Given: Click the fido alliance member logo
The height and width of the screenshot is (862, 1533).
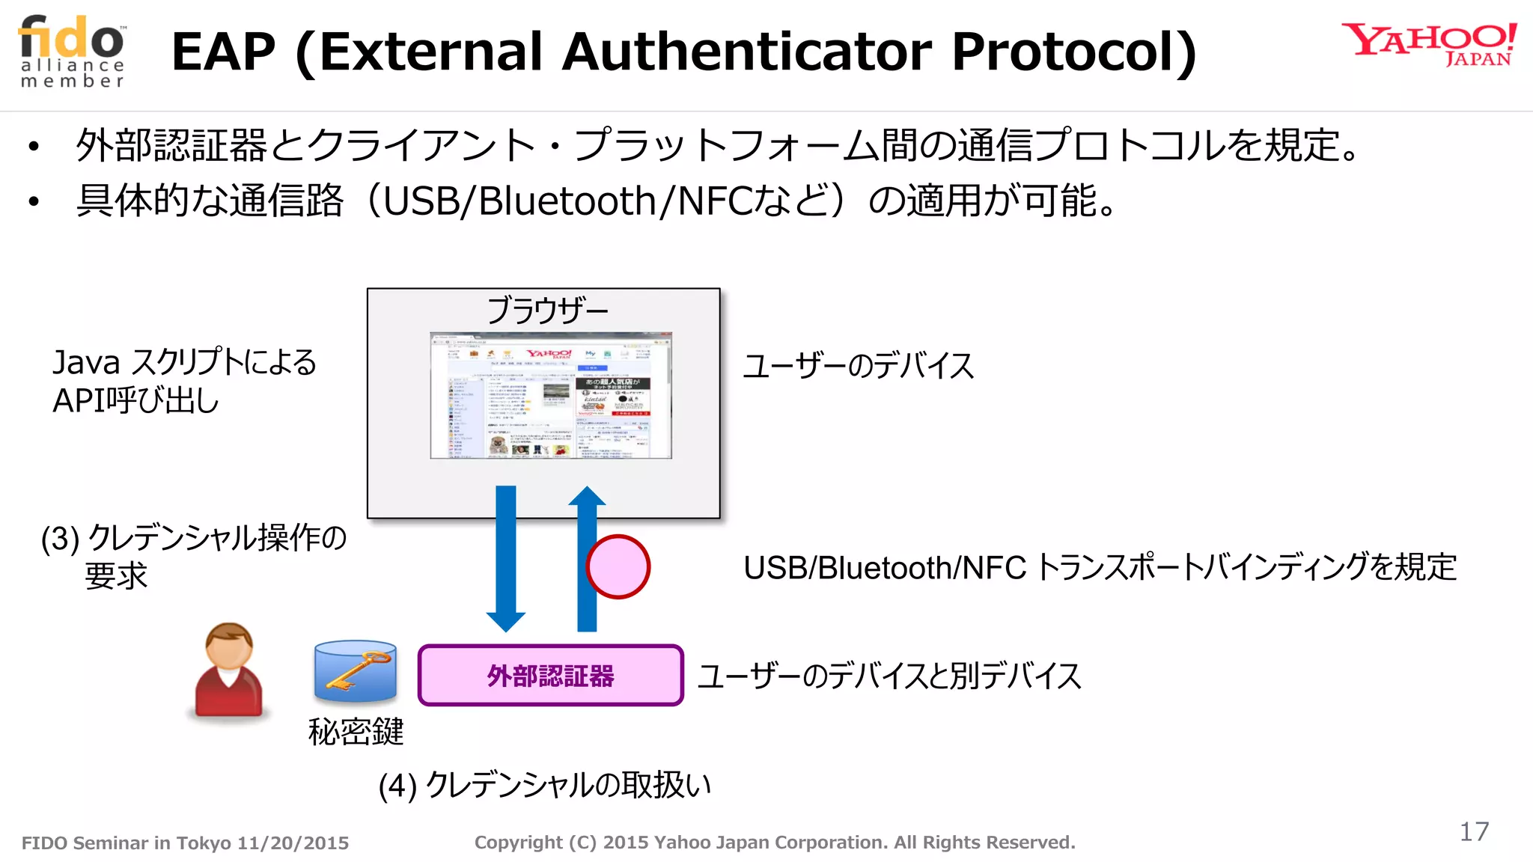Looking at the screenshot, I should (73, 51).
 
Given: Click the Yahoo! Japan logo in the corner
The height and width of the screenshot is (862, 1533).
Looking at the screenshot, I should (1428, 45).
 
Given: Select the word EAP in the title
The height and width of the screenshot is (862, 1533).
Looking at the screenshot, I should (223, 52).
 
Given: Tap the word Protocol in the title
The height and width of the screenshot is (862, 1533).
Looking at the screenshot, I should (1073, 52).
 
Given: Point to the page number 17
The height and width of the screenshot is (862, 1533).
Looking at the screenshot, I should (1474, 831).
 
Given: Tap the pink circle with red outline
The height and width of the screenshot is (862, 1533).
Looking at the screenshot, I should (618, 566).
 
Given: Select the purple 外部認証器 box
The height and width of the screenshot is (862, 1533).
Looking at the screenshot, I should (551, 675).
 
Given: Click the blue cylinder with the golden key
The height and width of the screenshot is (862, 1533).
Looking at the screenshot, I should (355, 670).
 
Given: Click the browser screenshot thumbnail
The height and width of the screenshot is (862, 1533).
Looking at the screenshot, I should (551, 395).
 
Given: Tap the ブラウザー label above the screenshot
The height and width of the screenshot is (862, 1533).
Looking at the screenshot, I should (547, 310).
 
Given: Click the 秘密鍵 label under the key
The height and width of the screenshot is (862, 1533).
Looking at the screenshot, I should (356, 732).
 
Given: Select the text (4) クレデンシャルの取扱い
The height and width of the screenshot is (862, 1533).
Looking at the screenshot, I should (544, 785).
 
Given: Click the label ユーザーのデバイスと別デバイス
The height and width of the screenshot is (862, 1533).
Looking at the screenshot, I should (889, 676).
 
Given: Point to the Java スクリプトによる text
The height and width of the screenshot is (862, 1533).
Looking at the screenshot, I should (184, 363).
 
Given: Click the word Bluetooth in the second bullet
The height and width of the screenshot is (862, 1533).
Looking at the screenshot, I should (567, 201).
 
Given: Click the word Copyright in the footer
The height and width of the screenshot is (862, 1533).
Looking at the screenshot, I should (518, 843).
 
